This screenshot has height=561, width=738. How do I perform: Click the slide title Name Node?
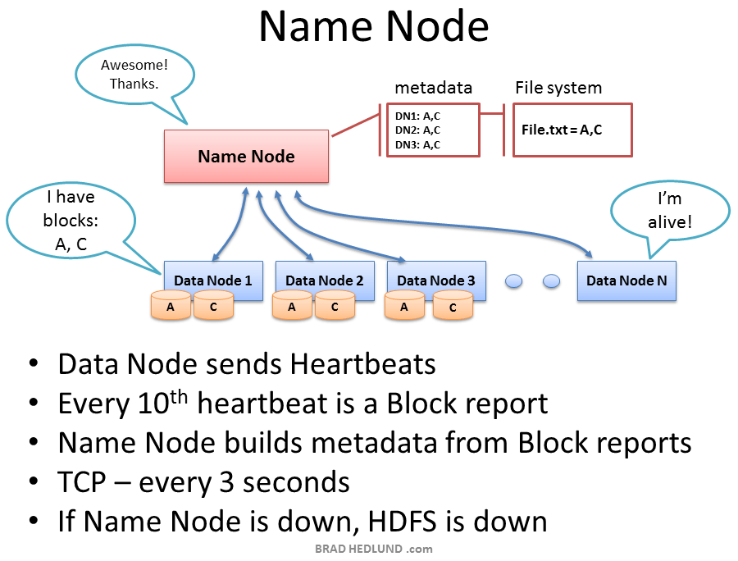373,26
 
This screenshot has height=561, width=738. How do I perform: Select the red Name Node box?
246,156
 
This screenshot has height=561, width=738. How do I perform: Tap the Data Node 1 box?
212,280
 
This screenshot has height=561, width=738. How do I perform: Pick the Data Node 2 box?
324,280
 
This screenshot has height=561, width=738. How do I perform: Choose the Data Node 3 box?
435,280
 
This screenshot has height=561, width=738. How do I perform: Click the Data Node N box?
626,280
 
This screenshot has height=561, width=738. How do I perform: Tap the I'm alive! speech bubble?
670,210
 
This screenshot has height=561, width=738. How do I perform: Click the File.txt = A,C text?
562,130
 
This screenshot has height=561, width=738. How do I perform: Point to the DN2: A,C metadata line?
417,130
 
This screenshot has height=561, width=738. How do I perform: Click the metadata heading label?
433,88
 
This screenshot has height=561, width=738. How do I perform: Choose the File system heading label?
558,88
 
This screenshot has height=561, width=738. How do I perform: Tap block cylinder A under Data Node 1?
171,307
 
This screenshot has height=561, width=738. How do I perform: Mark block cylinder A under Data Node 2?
293,307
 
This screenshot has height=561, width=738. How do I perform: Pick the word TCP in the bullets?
82,482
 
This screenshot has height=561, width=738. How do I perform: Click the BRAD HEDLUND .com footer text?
373,550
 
